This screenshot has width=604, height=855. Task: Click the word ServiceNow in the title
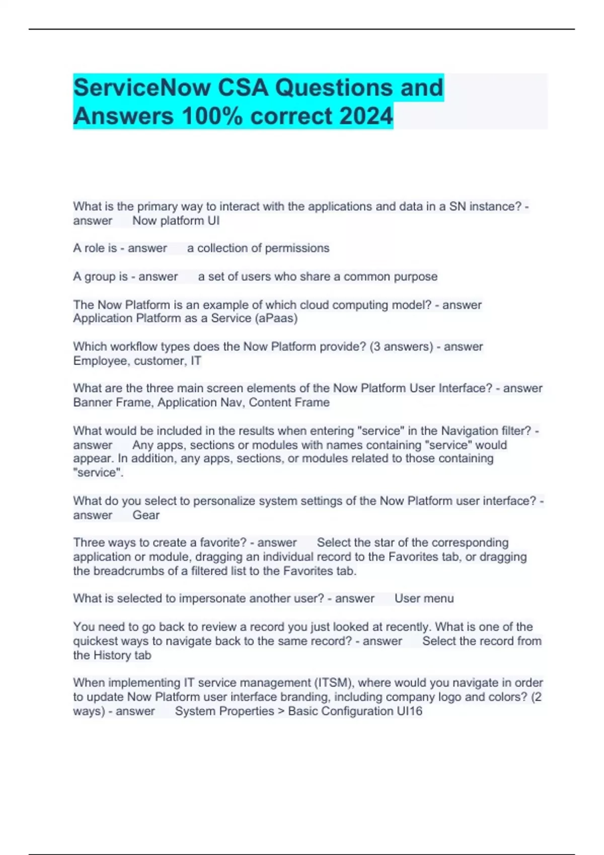tap(142, 88)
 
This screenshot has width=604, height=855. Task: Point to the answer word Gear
tap(146, 515)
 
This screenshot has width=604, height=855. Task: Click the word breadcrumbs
tap(137, 571)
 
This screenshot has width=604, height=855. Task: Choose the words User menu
tap(424, 598)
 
